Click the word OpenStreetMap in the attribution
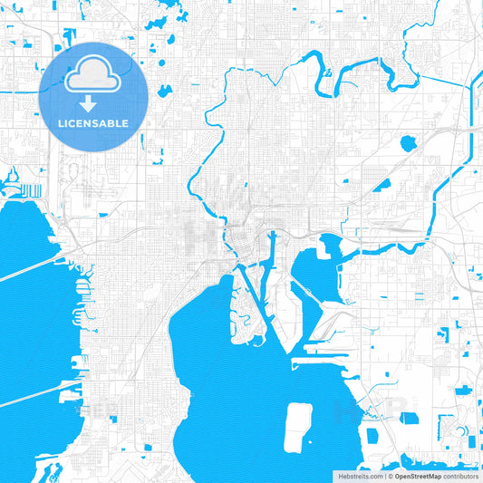[418, 476]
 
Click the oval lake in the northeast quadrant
[408, 142]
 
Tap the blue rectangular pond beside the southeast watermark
[410, 419]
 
